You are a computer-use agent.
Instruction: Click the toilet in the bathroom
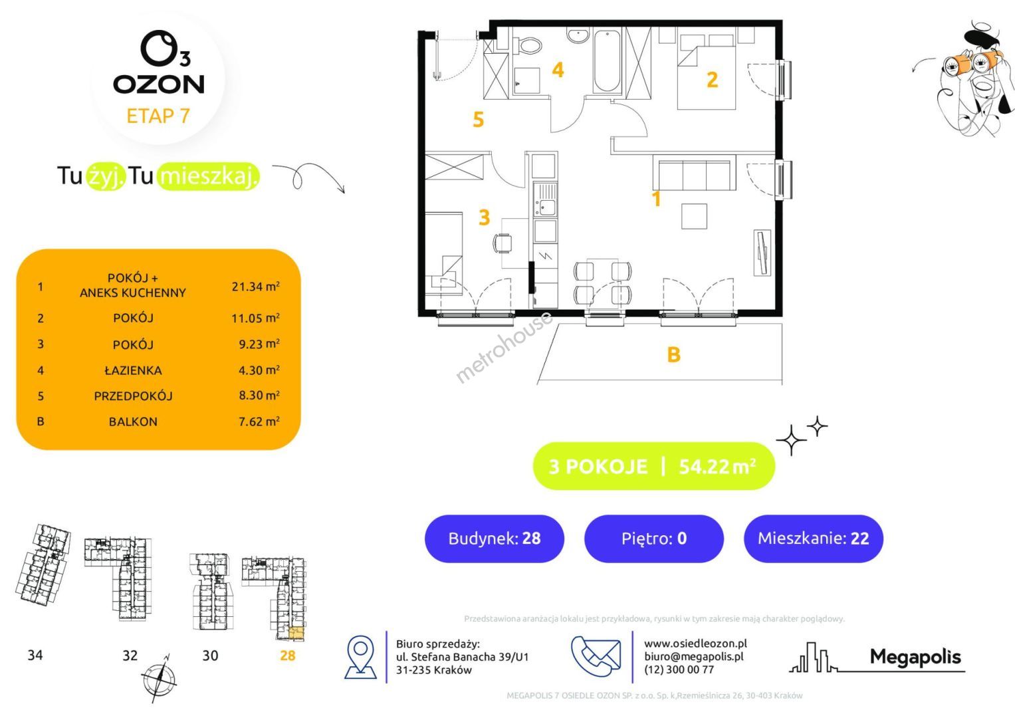tap(528, 45)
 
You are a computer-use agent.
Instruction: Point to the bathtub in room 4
tap(607, 61)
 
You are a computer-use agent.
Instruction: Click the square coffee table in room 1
tap(694, 216)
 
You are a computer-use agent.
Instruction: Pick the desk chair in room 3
tap(502, 243)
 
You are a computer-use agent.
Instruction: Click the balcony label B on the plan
tap(674, 354)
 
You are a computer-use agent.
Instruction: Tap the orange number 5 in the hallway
tap(479, 119)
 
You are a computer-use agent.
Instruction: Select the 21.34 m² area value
tap(255, 286)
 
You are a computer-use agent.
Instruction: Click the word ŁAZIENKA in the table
tap(133, 370)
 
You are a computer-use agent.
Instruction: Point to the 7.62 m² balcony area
tap(259, 421)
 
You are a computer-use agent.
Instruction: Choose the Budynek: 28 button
tap(495, 538)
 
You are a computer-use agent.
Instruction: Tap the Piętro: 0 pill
tap(654, 538)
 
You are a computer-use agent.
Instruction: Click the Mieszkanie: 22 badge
tap(814, 538)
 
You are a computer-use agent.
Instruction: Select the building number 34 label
tap(35, 655)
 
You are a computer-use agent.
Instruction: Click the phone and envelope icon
tap(596, 656)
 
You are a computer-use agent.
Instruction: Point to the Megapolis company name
tap(915, 657)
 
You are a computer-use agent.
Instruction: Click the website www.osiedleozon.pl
tap(695, 644)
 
